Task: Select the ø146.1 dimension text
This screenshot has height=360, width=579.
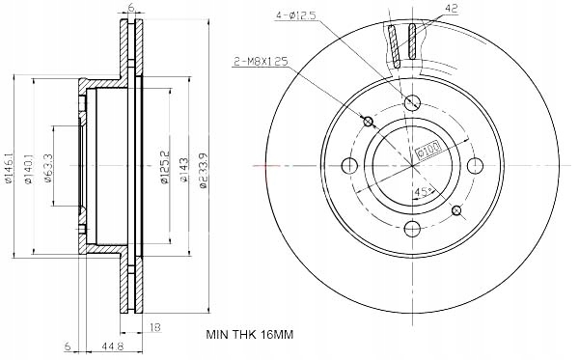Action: click(9, 164)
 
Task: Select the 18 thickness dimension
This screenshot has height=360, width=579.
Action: click(155, 328)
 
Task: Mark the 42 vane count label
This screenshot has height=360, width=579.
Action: click(451, 8)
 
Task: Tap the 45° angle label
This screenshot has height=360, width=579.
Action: click(422, 191)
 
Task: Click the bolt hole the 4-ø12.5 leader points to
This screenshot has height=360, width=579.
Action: click(412, 102)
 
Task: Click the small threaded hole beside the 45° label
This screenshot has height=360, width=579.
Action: click(457, 210)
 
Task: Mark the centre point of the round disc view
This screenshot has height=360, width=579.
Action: click(412, 165)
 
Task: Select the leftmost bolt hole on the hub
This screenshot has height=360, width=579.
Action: click(349, 165)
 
